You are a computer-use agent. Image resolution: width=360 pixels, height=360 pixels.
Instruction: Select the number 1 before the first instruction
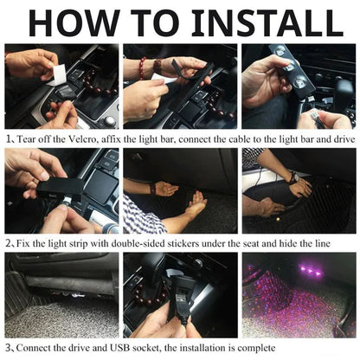(x=8, y=138)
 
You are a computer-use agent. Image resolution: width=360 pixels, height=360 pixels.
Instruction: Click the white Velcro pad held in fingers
(x=59, y=75)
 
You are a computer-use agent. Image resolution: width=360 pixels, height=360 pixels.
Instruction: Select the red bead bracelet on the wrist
(x=143, y=67)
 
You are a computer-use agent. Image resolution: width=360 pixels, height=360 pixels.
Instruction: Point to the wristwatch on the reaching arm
(x=293, y=177)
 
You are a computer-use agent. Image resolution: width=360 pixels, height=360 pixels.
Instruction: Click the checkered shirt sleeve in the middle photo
(x=141, y=216)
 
